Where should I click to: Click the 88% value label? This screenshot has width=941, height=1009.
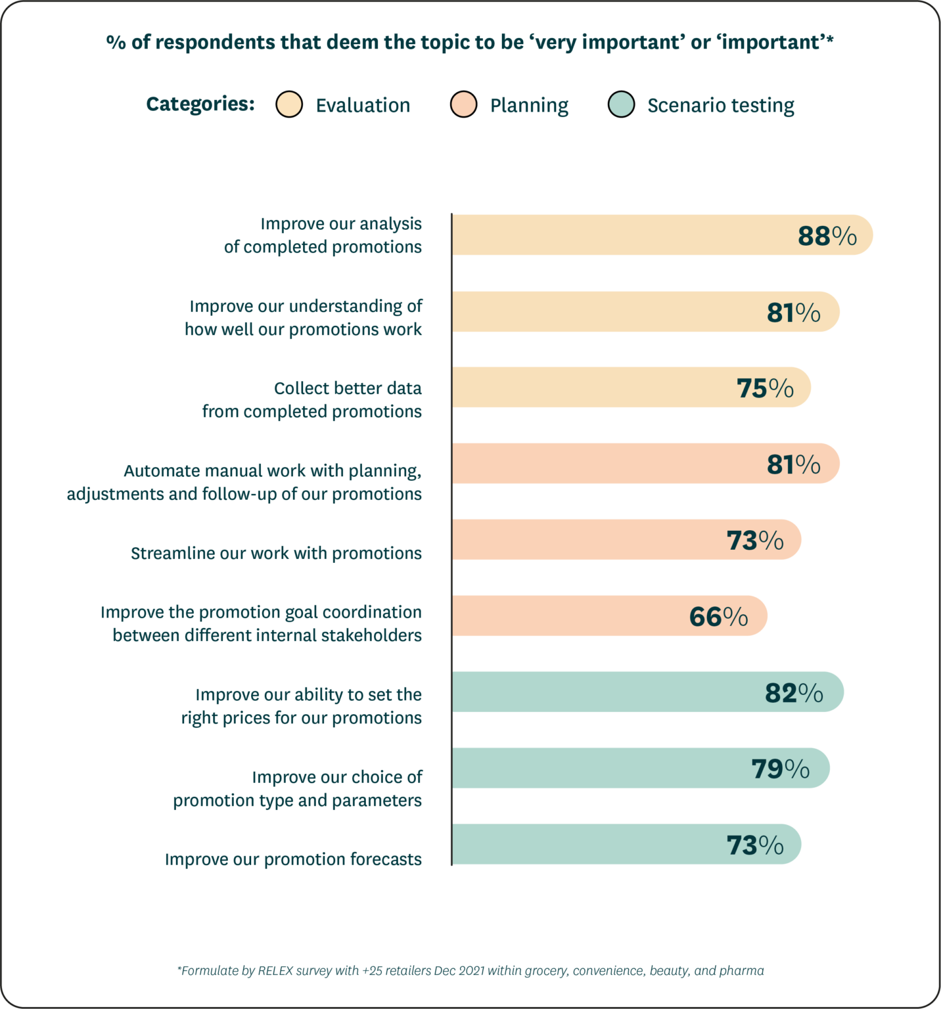click(x=827, y=236)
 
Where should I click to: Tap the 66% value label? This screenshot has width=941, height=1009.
click(x=718, y=617)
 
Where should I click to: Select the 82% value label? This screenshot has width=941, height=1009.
click(x=793, y=693)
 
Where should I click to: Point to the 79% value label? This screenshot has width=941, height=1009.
click(x=780, y=769)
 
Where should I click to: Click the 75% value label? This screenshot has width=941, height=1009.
click(x=765, y=388)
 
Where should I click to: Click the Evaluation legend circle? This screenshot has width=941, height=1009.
click(x=289, y=104)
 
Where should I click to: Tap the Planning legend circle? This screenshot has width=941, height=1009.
click(x=463, y=104)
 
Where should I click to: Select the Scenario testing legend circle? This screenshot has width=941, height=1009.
click(x=621, y=104)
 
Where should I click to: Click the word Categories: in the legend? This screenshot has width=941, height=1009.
click(x=200, y=104)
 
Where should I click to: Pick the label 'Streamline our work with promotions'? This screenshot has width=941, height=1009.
click(x=276, y=553)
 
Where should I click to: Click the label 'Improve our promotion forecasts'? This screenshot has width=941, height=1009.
click(x=293, y=859)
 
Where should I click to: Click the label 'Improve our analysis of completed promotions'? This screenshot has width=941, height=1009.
click(x=323, y=235)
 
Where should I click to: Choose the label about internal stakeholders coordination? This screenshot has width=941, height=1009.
click(x=261, y=623)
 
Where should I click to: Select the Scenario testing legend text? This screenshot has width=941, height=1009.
click(x=720, y=105)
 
